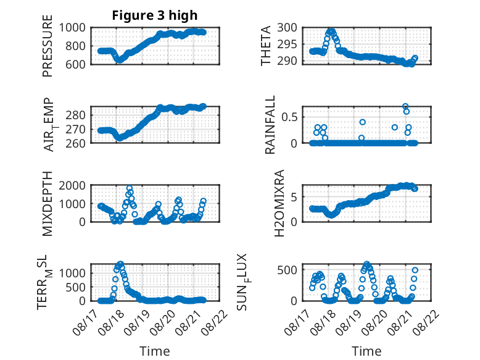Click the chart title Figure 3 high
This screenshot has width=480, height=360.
[155, 15]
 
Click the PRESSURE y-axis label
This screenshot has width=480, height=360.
[48, 46]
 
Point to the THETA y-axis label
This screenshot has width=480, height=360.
[266, 46]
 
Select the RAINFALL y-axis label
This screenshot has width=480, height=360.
[270, 125]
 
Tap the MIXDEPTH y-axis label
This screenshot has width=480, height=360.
[48, 204]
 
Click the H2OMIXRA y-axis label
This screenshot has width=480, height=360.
[279, 203]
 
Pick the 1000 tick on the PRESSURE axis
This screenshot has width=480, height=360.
[72, 28]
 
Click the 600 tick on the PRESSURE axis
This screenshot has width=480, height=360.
[75, 64]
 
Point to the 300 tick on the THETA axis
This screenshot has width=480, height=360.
[287, 28]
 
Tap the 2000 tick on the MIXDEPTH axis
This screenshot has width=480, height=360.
[72, 185]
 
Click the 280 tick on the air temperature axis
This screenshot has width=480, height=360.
[75, 115]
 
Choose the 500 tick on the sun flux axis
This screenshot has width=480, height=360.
[287, 270]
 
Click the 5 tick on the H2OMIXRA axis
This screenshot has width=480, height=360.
[294, 197]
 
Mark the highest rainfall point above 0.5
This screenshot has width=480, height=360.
[405, 106]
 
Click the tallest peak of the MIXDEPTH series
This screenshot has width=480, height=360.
[130, 188]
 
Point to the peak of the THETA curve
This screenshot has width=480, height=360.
[331, 31]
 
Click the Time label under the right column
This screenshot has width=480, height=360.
[366, 351]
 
